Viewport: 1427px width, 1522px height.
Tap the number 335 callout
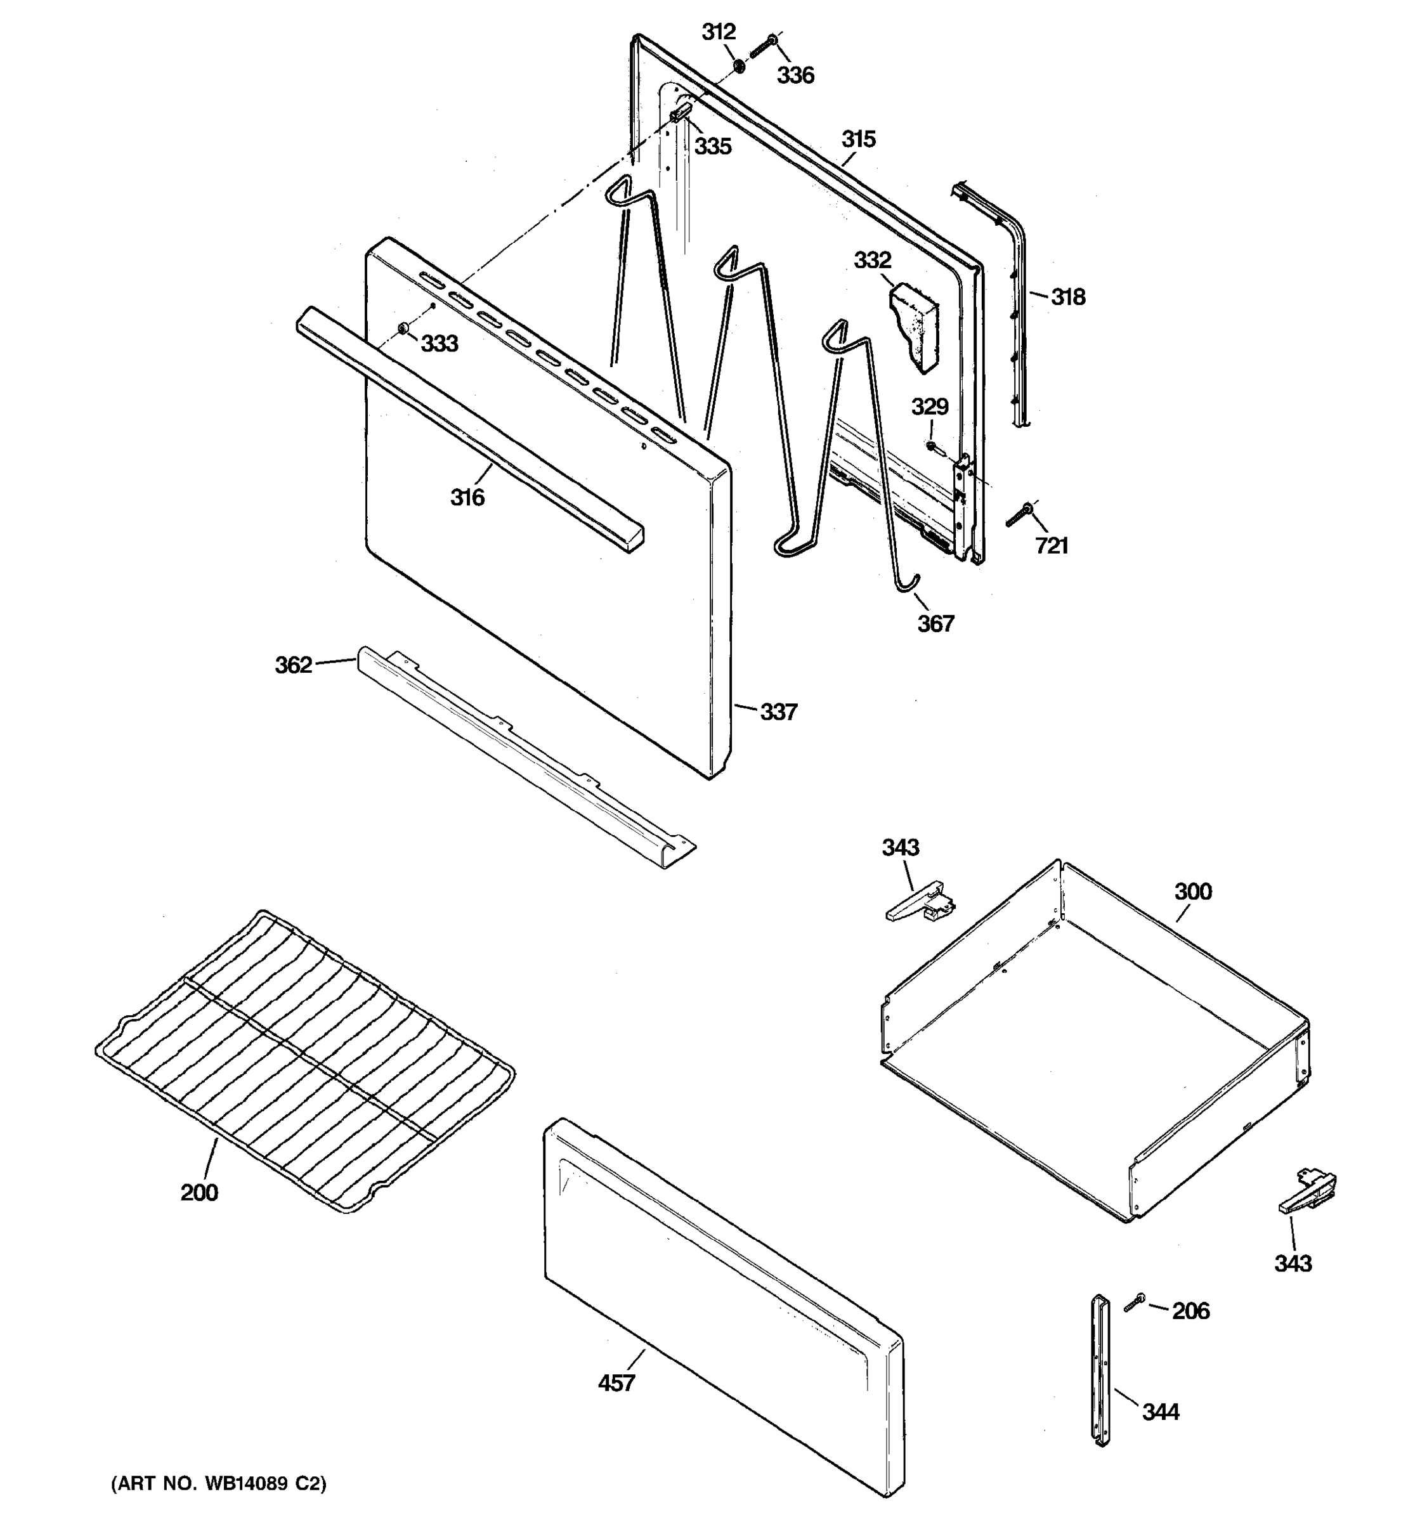[x=713, y=146]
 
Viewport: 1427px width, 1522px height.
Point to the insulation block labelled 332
[x=914, y=325]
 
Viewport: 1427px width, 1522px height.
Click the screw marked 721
[x=1020, y=514]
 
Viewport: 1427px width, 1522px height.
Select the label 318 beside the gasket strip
[x=1067, y=297]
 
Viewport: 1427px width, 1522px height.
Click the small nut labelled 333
[x=403, y=329]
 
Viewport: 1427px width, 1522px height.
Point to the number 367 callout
[x=935, y=624]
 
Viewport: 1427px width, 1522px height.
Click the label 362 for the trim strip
[x=294, y=665]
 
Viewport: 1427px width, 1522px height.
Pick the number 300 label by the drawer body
[x=1193, y=892]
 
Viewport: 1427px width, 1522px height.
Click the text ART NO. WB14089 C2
[x=219, y=1485]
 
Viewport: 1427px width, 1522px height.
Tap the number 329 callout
[x=929, y=407]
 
